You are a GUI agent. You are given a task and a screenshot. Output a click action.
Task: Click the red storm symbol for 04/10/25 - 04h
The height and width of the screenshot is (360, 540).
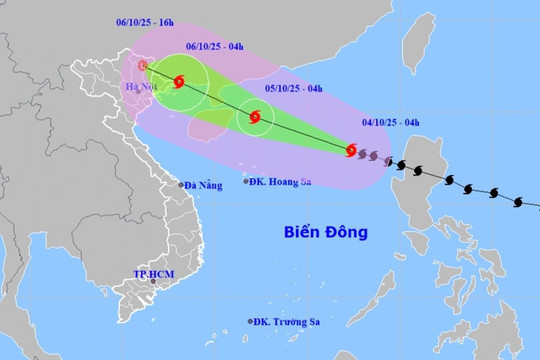351,151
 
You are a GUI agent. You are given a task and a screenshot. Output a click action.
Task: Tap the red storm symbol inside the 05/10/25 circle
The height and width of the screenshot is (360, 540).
254,118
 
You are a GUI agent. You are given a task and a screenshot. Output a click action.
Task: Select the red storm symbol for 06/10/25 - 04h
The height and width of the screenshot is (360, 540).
179,82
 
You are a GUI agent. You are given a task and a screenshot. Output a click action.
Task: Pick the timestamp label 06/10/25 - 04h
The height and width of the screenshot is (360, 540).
216,45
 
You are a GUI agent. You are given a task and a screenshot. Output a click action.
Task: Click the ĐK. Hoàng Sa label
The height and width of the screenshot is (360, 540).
283,181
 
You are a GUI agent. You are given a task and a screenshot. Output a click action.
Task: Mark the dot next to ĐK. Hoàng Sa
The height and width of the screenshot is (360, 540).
246,181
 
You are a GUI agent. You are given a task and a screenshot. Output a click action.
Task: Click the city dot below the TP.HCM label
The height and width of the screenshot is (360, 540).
153,283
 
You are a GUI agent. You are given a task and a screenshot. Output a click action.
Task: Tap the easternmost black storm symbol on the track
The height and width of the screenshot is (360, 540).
518,202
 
